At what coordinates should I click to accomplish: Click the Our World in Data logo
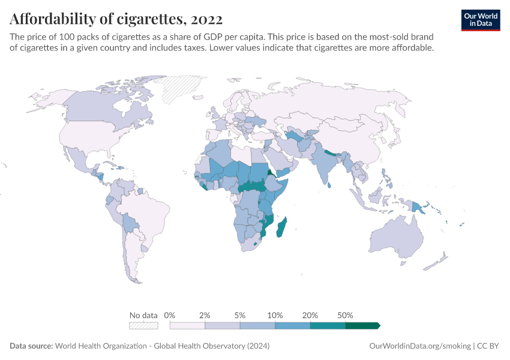481,20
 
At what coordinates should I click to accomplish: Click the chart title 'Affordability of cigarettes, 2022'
116,19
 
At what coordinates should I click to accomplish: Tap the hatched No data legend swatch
143,326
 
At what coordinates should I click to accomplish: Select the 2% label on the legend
205,316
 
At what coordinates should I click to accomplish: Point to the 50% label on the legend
345,316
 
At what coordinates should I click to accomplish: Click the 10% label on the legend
275,316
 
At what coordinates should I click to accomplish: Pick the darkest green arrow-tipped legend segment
362,326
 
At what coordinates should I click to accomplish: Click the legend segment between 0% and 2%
187,326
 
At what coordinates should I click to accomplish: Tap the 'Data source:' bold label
31,346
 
